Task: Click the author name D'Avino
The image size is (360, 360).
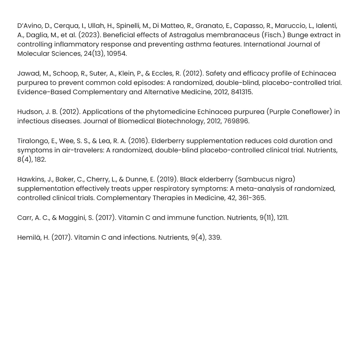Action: point(28,26)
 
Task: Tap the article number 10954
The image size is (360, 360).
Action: point(115,54)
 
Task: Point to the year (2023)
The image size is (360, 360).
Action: point(90,35)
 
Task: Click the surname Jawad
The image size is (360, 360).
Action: point(28,73)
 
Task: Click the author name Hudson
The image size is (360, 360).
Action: point(30,112)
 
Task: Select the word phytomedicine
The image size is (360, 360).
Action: point(170,112)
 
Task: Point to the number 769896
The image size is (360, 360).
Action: point(236,121)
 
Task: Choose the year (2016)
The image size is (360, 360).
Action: point(139,141)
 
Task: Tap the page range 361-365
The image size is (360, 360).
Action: point(252,198)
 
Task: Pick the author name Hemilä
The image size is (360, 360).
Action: point(29,238)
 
